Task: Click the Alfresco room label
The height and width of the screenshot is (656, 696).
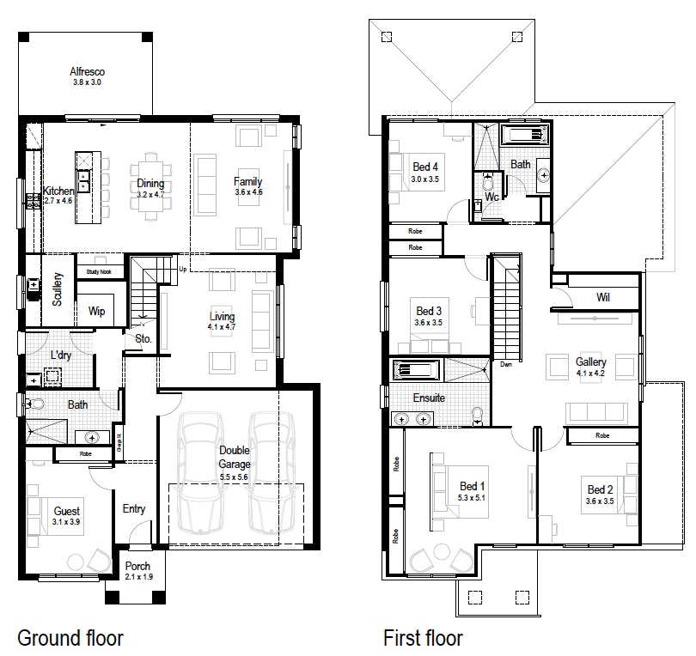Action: [x=86, y=72]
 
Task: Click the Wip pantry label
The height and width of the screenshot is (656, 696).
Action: [x=97, y=312]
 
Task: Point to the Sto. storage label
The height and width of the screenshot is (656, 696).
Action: [x=143, y=339]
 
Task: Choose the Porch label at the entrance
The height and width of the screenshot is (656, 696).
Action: [x=137, y=566]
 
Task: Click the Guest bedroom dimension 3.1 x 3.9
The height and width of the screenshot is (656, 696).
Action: [x=66, y=521]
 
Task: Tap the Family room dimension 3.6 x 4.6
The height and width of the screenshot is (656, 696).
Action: [x=248, y=192]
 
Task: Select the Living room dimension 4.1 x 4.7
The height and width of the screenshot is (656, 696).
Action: [x=221, y=327]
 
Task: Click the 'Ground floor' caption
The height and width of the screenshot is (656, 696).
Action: [x=70, y=638]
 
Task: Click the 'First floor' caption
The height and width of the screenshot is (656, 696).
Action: [x=423, y=638]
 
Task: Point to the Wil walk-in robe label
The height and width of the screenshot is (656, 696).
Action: [x=602, y=298]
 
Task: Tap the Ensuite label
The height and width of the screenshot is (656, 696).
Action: [x=429, y=398]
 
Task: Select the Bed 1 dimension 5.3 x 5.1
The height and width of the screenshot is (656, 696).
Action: [x=472, y=497]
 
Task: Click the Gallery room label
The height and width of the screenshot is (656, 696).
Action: [x=590, y=362]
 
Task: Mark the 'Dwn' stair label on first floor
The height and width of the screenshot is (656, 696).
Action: [x=507, y=364]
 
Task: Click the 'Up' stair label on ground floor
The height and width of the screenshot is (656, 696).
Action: [x=182, y=270]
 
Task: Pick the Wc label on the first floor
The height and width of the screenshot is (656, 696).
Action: [x=491, y=197]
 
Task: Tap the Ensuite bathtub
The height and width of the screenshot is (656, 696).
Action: [x=416, y=371]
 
